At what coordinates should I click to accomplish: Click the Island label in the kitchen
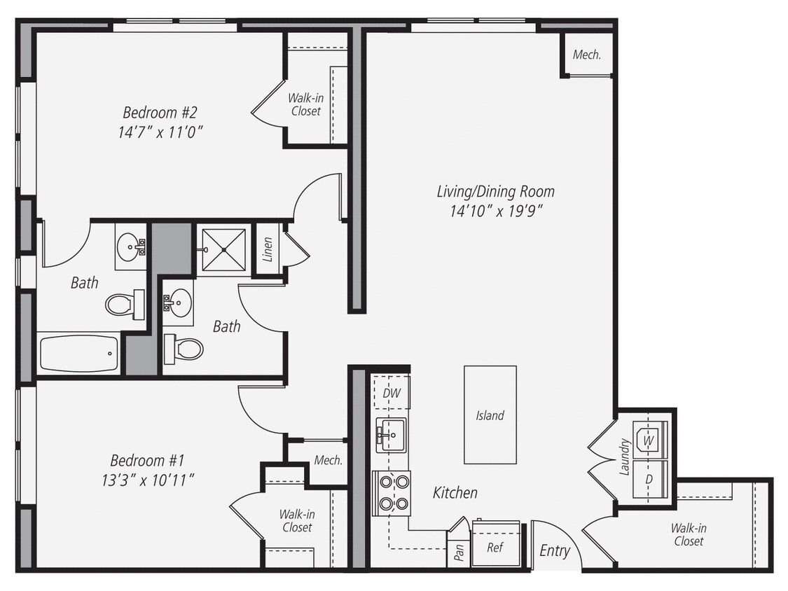pyautogui.click(x=490, y=415)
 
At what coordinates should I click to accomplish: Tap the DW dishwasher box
pyautogui.click(x=392, y=393)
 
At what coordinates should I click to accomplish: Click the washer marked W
pyautogui.click(x=649, y=440)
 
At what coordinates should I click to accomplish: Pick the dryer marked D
pyautogui.click(x=649, y=479)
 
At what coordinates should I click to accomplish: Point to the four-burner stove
pyautogui.click(x=393, y=492)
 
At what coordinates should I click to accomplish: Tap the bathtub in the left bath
pyautogui.click(x=78, y=354)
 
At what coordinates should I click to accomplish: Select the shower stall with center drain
pyautogui.click(x=221, y=249)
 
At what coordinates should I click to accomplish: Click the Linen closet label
pyautogui.click(x=268, y=249)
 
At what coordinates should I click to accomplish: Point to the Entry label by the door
pyautogui.click(x=555, y=551)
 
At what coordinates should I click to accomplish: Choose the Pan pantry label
pyautogui.click(x=459, y=552)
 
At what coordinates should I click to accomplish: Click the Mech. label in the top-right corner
pyautogui.click(x=587, y=55)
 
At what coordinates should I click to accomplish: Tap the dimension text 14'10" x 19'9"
pyautogui.click(x=495, y=210)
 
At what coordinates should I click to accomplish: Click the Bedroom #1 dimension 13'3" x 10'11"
pyautogui.click(x=147, y=480)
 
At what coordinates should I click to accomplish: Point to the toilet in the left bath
pyautogui.click(x=123, y=305)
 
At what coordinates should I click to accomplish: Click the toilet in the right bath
pyautogui.click(x=185, y=348)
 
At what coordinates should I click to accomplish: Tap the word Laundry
pyautogui.click(x=624, y=457)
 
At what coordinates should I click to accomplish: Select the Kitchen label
pyautogui.click(x=455, y=492)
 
